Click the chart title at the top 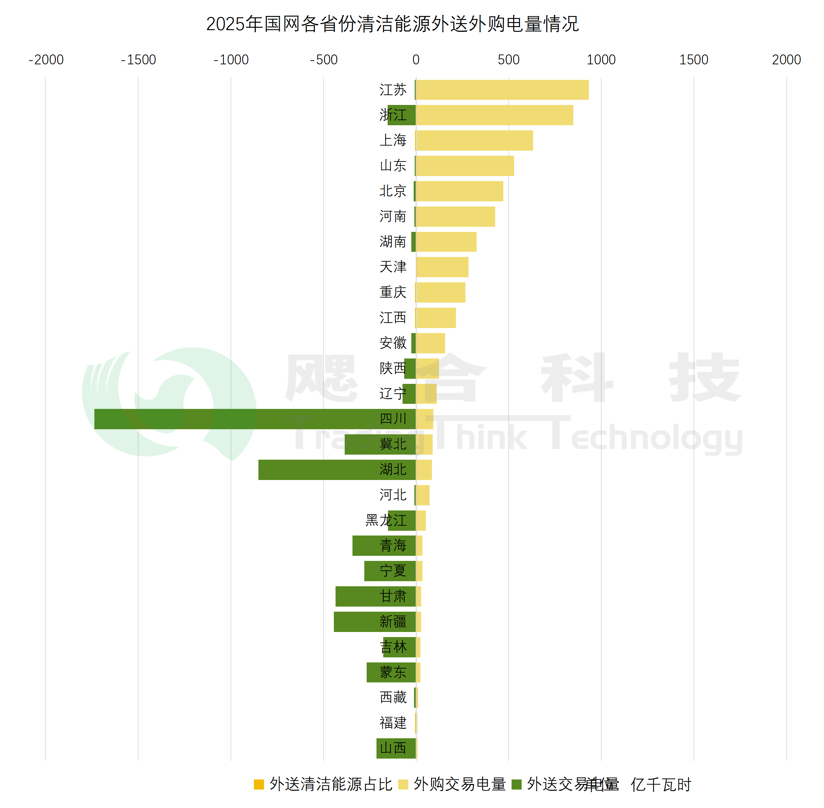[392, 24]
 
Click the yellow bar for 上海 [474, 140]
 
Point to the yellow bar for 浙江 [495, 115]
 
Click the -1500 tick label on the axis [138, 60]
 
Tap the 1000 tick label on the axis [601, 60]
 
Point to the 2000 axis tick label [786, 60]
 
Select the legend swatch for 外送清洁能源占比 [259, 785]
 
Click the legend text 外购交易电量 [460, 784]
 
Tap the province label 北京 [393, 191]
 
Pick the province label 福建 [393, 723]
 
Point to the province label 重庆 [393, 292]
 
